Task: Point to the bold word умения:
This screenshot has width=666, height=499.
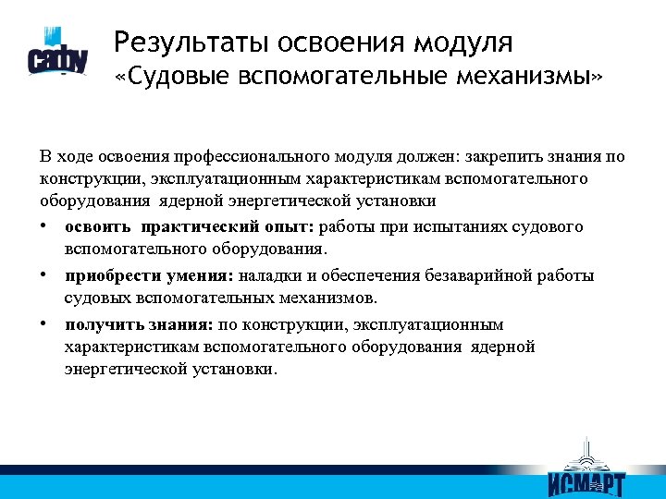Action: point(196,276)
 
